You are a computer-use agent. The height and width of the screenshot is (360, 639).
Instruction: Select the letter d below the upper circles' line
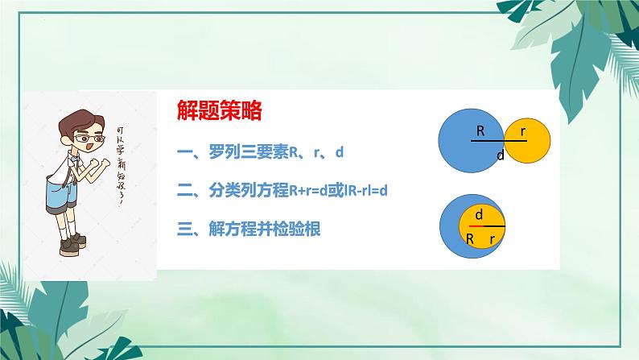500,155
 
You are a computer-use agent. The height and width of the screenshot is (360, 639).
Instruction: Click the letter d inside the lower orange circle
480,215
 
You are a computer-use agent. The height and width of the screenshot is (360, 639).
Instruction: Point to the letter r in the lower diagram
490,239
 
